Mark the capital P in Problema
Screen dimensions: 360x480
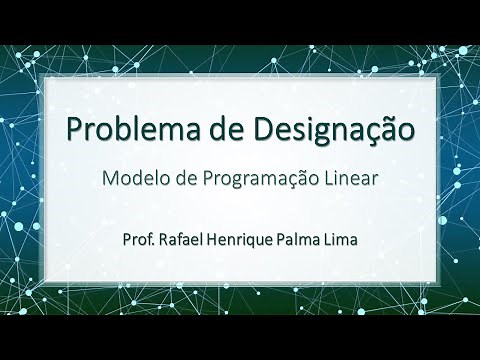[74, 129]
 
